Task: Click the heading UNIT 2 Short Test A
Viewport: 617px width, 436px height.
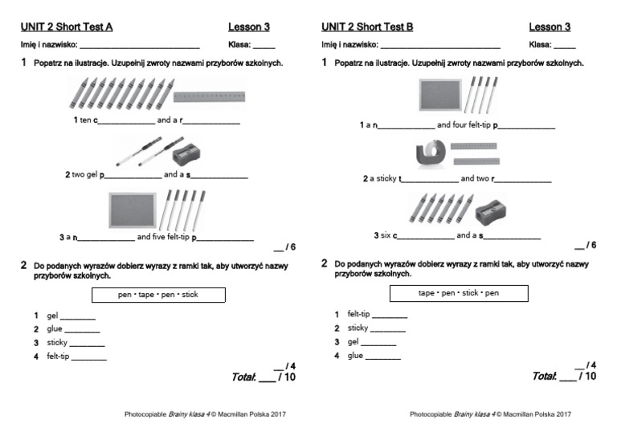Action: [x=67, y=26]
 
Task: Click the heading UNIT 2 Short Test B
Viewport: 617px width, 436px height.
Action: [x=367, y=26]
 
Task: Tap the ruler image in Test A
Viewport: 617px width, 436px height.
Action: [x=208, y=97]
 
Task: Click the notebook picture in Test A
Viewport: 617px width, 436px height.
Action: [x=131, y=210]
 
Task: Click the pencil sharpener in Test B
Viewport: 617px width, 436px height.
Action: [x=489, y=211]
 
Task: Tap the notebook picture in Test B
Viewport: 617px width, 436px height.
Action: [x=439, y=96]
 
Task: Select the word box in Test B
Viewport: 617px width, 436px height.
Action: [x=459, y=293]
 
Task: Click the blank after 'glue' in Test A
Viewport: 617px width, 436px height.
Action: [x=83, y=331]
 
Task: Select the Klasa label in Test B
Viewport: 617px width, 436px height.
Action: [x=540, y=45]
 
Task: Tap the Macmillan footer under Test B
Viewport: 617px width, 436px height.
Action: [x=490, y=414]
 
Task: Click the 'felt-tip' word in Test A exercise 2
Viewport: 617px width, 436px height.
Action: [x=58, y=356]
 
